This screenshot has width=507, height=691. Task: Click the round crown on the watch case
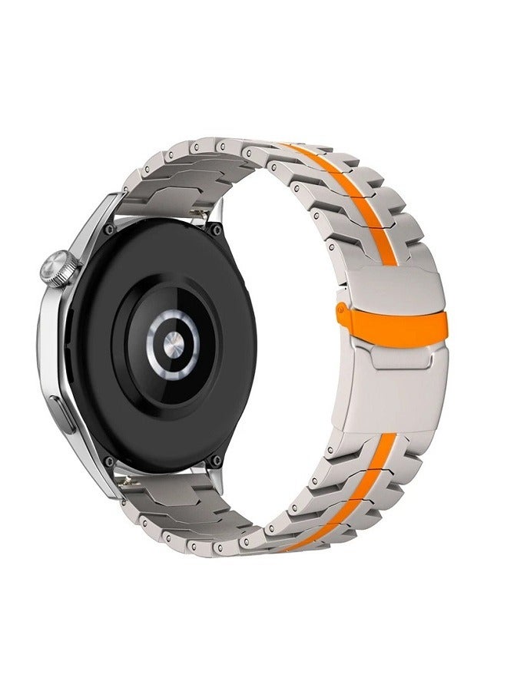(56, 271)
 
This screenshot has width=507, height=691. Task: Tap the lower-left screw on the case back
(109, 461)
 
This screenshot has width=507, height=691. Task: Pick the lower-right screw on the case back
(217, 461)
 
